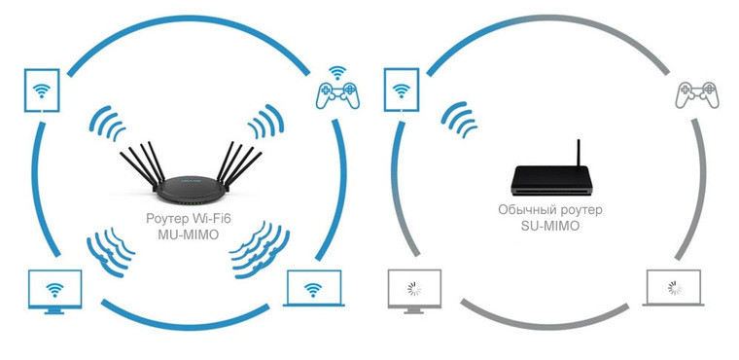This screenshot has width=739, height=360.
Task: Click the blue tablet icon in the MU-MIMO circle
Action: pyautogui.click(x=42, y=90)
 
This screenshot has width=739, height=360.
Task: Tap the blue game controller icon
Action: pyautogui.click(x=337, y=94)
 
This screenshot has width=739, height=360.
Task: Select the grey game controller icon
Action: pyautogui.click(x=696, y=94)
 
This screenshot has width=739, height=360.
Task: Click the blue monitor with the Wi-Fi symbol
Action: pyautogui.click(x=54, y=289)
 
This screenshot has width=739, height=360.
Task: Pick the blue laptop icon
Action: pyautogui.click(x=313, y=288)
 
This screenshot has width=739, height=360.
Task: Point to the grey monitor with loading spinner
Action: pyautogui.click(x=414, y=289)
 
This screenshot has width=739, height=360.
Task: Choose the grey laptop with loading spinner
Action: pyautogui.click(x=674, y=288)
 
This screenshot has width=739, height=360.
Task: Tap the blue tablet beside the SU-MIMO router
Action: pyautogui.click(x=402, y=90)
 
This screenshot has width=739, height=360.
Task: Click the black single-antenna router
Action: pyautogui.click(x=551, y=175)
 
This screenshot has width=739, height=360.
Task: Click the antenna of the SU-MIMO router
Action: pyautogui.click(x=580, y=153)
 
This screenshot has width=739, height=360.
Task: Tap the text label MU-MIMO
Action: pyautogui.click(x=189, y=234)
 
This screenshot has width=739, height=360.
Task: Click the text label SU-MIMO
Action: pyautogui.click(x=550, y=226)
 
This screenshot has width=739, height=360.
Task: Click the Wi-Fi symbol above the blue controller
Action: pyautogui.click(x=336, y=73)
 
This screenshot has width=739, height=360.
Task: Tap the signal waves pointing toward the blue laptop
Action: pyautogui.click(x=260, y=249)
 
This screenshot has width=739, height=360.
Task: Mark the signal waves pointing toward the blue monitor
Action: pyautogui.click(x=109, y=249)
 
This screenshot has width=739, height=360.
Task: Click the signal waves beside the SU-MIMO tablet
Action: pyautogui.click(x=459, y=120)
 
